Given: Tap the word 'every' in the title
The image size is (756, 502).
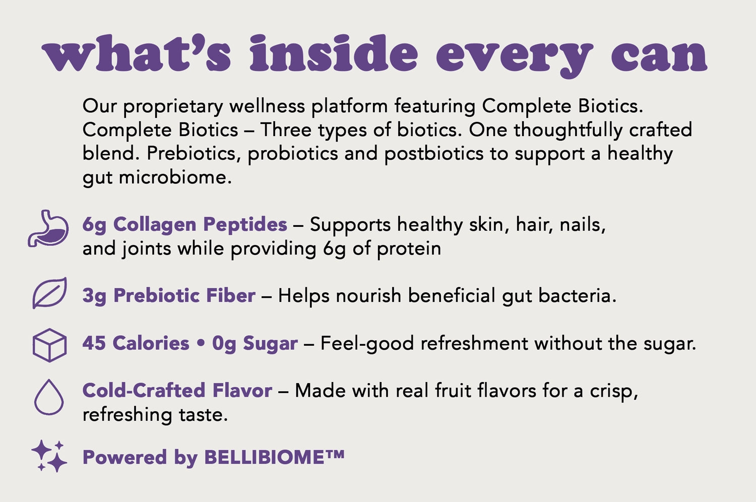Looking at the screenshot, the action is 515,57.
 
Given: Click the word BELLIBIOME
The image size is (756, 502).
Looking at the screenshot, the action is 265,458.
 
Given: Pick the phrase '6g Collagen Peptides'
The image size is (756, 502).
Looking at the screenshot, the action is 185,225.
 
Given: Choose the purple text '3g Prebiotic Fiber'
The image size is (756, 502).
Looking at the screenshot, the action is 169,296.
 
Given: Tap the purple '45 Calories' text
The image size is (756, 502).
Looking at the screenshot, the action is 136,343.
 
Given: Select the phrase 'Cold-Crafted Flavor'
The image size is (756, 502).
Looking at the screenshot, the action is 177,391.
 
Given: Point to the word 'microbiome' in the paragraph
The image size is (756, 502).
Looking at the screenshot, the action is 175,177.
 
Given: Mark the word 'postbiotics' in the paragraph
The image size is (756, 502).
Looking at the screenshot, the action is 433,154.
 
